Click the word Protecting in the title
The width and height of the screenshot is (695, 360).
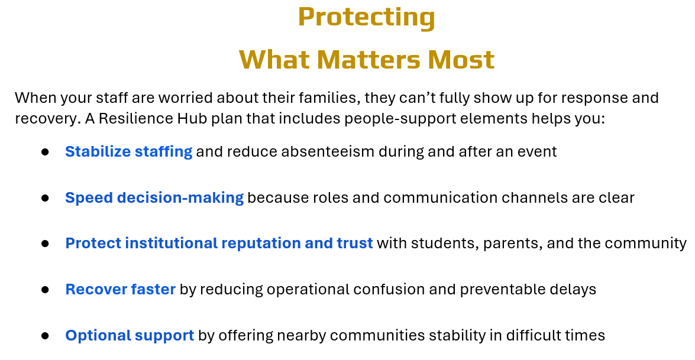click(367, 18)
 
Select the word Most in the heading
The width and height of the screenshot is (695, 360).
click(461, 59)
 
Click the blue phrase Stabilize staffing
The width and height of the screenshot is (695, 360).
click(128, 152)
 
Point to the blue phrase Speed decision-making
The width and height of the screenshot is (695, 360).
click(154, 198)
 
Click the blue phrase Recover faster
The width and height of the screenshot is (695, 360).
click(121, 289)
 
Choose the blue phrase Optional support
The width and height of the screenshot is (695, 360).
click(130, 336)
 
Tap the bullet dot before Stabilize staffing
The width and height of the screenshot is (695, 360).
click(45, 153)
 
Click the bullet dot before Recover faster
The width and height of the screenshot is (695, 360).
click(45, 290)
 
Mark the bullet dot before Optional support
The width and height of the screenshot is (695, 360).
click(45, 336)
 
